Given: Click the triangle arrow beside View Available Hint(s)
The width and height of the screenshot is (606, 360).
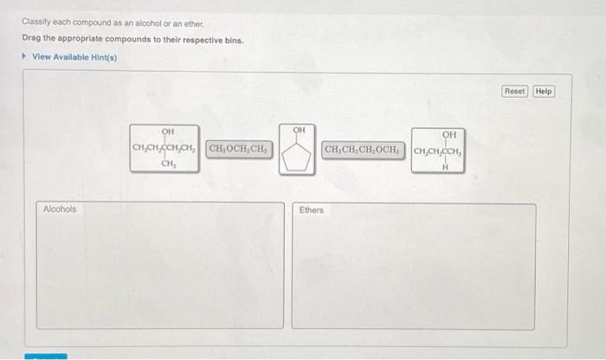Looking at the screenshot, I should (24, 57).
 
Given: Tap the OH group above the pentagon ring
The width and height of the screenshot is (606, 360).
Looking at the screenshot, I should (299, 130).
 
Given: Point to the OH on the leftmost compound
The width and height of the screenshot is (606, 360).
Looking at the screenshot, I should (168, 132).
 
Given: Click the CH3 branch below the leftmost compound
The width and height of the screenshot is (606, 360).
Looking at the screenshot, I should (169, 166).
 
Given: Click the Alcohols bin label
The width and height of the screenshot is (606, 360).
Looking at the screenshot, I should (60, 209).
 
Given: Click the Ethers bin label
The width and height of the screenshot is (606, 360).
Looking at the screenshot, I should (312, 209).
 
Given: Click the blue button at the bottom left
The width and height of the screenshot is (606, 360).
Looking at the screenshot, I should (45, 356).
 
